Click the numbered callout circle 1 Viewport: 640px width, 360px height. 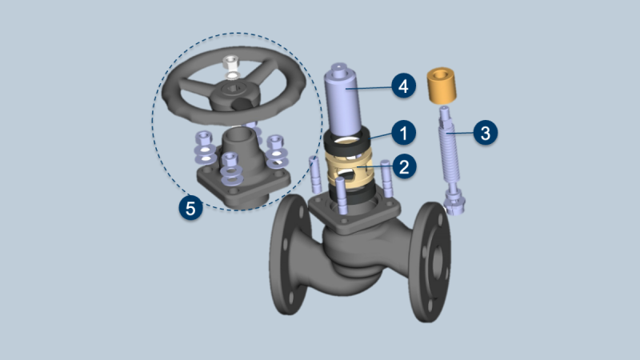point(404,133)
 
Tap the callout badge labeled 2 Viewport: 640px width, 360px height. point(404,166)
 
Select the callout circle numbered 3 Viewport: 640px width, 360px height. point(486,133)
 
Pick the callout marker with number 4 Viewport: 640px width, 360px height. point(403,86)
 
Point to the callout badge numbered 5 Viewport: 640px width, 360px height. point(190,208)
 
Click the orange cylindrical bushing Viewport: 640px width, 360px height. point(442,85)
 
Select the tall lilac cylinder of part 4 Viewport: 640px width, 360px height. point(343,100)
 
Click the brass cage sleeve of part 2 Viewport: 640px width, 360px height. point(350,170)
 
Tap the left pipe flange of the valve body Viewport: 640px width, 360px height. point(289,254)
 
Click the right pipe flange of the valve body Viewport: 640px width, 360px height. point(430,262)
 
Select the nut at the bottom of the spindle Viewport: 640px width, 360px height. point(454,203)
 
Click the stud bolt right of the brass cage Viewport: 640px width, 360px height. point(386,178)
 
